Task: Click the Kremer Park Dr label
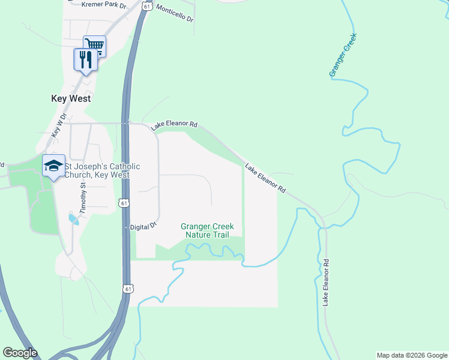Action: [x=98, y=5]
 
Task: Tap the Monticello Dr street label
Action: [x=175, y=13]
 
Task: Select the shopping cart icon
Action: [x=94, y=45]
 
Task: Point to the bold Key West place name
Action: [x=70, y=98]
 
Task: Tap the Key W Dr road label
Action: [x=58, y=126]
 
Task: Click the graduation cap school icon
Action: [x=53, y=166]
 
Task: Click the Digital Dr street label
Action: [x=143, y=227]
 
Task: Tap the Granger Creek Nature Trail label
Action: [x=207, y=230]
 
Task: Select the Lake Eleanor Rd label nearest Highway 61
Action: [x=175, y=125]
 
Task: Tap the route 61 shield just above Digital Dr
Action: [x=124, y=203]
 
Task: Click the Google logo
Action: [x=20, y=353]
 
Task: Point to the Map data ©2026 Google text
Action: [x=412, y=355]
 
